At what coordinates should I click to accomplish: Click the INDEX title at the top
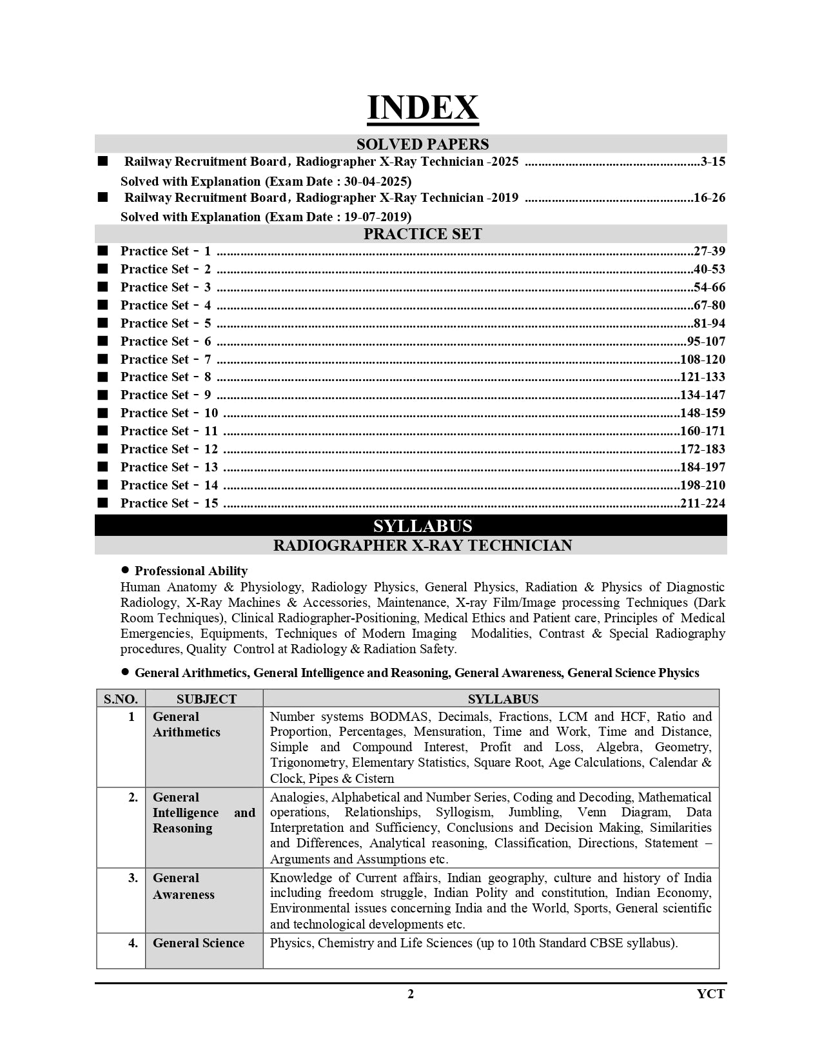(422, 108)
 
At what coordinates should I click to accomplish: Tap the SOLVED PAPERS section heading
(422, 144)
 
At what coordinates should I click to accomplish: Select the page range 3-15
(712, 162)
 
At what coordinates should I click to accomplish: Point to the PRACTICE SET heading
(422, 234)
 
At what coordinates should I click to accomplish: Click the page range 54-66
(709, 288)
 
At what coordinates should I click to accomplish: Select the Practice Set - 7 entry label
(166, 360)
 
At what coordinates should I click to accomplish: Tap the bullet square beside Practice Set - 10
(103, 413)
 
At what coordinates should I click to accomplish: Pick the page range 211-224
(703, 504)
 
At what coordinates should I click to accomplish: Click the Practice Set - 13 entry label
(169, 468)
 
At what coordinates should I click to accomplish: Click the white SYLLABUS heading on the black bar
(422, 526)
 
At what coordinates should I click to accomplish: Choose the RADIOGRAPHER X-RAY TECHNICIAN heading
(422, 546)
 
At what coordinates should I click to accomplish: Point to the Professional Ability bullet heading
(191, 571)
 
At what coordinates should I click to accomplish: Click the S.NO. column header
(121, 699)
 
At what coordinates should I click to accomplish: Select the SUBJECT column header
(206, 699)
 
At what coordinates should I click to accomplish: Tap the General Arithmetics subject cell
(186, 725)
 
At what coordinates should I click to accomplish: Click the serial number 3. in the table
(133, 878)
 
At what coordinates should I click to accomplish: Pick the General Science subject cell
(199, 943)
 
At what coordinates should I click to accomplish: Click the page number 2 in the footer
(411, 994)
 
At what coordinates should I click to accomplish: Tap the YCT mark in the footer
(710, 994)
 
